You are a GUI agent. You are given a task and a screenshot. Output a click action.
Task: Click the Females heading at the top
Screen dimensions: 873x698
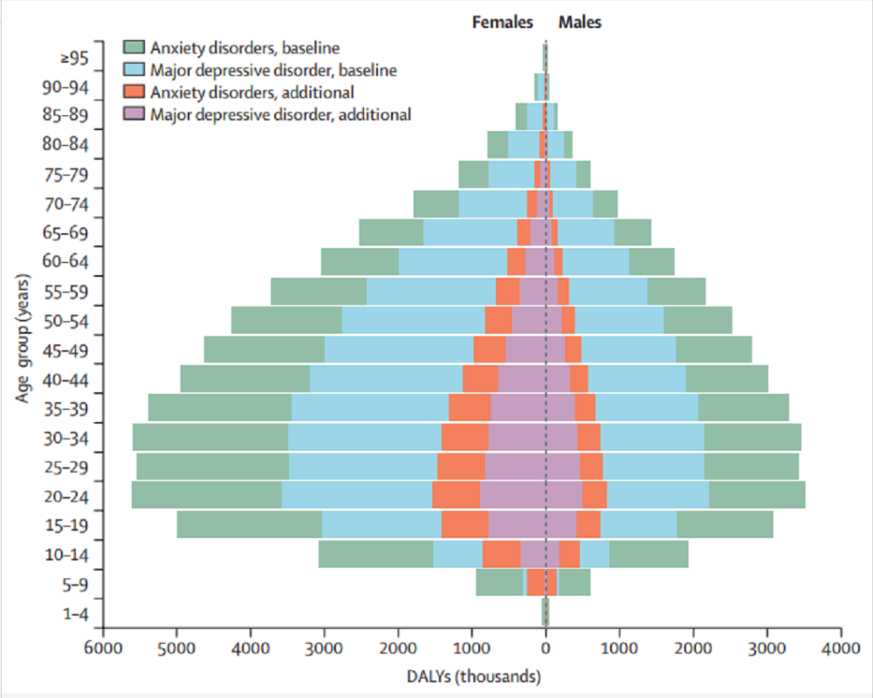502,23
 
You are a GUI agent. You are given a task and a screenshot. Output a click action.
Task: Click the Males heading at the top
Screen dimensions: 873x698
581,23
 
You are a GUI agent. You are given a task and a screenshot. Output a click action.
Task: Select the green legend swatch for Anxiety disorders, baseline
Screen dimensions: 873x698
134,47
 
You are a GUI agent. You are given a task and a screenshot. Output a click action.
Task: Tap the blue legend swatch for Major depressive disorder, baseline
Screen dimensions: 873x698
134,70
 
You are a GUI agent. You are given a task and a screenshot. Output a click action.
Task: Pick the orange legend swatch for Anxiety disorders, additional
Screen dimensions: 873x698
134,92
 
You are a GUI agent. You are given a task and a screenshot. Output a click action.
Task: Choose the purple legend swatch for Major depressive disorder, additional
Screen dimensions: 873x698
134,114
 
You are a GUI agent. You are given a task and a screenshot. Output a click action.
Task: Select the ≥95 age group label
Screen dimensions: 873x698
74,58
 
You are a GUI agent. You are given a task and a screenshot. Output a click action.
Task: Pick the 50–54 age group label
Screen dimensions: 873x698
65,321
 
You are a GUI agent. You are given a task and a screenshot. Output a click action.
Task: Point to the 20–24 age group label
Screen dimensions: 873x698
65,496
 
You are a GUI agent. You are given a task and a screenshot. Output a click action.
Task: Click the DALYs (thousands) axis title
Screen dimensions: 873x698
474,677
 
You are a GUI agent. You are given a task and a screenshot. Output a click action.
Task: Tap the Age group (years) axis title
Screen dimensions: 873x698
23,338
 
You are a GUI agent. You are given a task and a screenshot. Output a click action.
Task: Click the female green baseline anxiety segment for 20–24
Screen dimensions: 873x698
207,494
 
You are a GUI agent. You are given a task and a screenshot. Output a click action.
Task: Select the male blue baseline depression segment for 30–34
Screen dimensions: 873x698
652,437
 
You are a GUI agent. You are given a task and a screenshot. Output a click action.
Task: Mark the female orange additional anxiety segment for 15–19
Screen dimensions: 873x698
465,524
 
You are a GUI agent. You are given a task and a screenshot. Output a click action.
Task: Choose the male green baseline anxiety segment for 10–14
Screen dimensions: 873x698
649,554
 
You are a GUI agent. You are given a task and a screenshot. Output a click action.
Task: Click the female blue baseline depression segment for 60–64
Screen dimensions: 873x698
453,261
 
